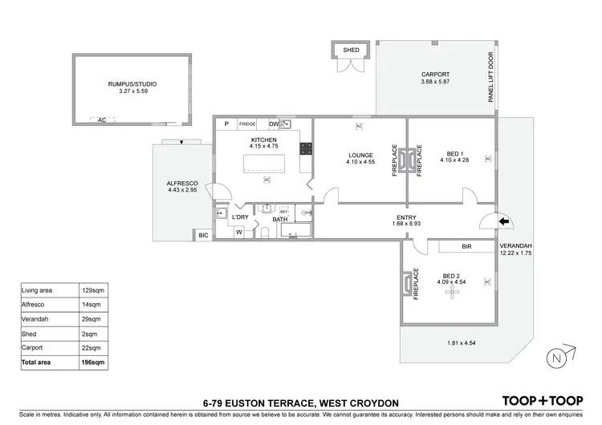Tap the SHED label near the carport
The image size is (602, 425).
click(351, 50)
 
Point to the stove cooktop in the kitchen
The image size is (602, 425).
click(305, 148)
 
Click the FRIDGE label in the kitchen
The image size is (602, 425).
click(247, 124)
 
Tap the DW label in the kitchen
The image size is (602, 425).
click(274, 124)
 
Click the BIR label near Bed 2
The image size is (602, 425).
click(466, 247)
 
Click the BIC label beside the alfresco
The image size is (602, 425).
click(203, 236)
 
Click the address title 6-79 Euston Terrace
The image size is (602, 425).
click(301, 400)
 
